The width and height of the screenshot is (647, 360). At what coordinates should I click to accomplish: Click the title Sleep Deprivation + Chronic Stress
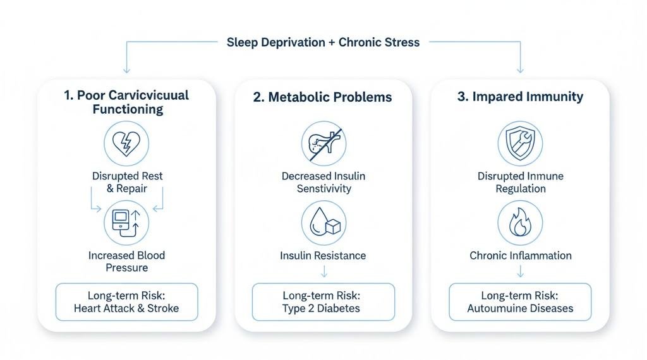(323, 42)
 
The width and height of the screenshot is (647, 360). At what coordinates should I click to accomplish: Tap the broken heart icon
(126, 143)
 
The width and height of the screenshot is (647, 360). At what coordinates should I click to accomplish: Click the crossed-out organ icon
(323, 143)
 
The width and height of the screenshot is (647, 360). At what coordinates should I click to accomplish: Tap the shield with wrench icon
(520, 143)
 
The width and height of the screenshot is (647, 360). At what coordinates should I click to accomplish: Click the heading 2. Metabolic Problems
(323, 97)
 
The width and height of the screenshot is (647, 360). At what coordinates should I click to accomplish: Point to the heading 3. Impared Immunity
(520, 97)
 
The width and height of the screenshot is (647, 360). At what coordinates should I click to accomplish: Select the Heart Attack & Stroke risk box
(126, 302)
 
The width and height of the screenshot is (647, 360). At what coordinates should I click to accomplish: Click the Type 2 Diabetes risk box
(323, 302)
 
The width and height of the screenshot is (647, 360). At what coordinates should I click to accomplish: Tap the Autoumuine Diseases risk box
(520, 302)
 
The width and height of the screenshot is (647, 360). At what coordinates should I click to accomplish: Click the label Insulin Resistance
(323, 256)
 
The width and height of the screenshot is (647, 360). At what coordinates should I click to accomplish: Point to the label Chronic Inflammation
(520, 256)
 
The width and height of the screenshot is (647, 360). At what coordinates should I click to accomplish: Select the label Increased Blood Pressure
(126, 261)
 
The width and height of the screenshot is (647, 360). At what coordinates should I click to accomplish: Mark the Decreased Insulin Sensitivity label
(323, 182)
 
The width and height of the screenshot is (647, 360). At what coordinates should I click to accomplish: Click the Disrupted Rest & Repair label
(126, 182)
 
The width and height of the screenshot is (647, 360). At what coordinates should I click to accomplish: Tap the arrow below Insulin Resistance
(323, 272)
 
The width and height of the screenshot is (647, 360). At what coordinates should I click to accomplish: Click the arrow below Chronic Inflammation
(520, 272)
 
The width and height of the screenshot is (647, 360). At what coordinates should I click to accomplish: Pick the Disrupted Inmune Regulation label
(520, 182)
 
